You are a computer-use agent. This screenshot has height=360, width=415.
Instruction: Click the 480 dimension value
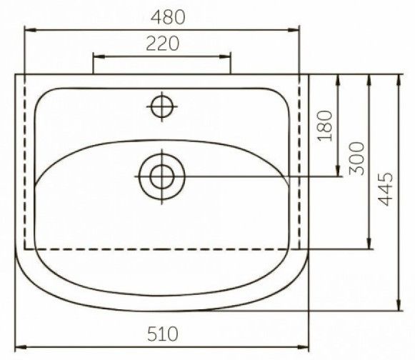pyautogui.click(x=168, y=17)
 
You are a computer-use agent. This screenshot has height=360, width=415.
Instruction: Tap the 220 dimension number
pyautogui.click(x=163, y=44)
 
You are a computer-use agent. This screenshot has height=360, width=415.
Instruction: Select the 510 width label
pyautogui.click(x=163, y=334)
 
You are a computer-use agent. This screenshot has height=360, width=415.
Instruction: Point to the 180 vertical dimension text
pyautogui.click(x=325, y=126)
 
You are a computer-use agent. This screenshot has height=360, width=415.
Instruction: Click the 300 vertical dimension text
pyautogui.click(x=356, y=159)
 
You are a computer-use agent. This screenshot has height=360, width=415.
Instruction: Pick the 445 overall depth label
pyautogui.click(x=386, y=189)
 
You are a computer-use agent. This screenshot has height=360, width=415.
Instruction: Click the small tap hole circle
pyautogui.click(x=162, y=106)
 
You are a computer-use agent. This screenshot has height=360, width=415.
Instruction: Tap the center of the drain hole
pyautogui.click(x=162, y=176)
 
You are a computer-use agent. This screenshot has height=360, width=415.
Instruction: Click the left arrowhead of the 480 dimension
pyautogui.click(x=30, y=30)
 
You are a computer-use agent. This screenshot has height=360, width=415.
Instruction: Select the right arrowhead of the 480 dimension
pyautogui.click(x=294, y=30)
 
